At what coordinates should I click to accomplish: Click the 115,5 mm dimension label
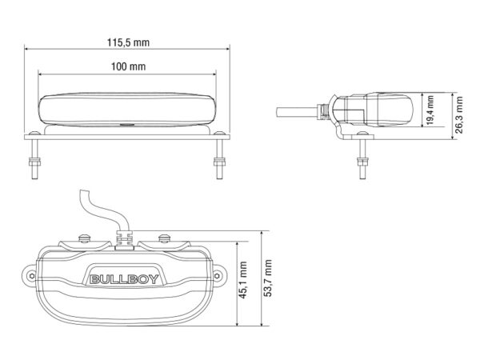point(128,42)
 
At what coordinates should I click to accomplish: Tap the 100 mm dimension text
point(128,66)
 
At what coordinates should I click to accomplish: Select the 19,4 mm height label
point(430,110)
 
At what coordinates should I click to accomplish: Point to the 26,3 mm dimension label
point(459,114)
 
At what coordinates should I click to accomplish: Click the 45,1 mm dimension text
point(242,280)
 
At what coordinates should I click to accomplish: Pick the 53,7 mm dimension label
point(267,278)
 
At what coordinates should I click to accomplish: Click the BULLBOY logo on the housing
point(124,279)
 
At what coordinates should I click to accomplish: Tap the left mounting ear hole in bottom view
point(31,275)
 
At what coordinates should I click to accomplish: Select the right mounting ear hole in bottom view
point(217,275)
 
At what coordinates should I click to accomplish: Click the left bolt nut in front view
point(34,162)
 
